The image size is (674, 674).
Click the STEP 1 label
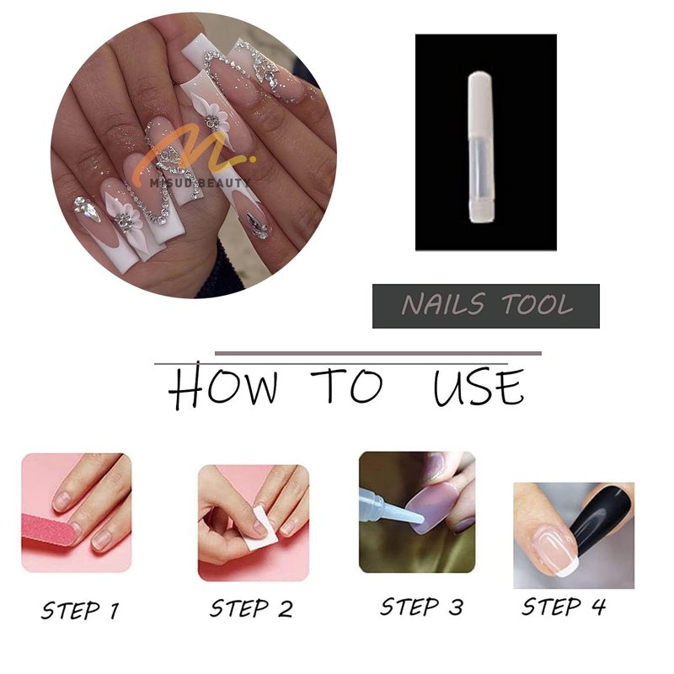pyautogui.click(x=80, y=610)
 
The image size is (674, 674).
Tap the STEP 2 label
pyautogui.click(x=251, y=608)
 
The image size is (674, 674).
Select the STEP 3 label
pyautogui.click(x=422, y=607)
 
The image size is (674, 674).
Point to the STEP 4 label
pyautogui.click(x=564, y=607)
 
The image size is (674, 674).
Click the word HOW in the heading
pyautogui.click(x=222, y=386)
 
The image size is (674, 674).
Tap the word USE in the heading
pyautogui.click(x=479, y=388)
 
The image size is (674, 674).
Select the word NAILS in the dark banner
pyautogui.click(x=444, y=304)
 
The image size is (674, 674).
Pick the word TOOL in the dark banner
pyautogui.click(x=538, y=304)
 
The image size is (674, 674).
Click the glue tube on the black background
pyautogui.click(x=481, y=147)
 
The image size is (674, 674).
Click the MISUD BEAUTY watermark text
pyautogui.click(x=197, y=184)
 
